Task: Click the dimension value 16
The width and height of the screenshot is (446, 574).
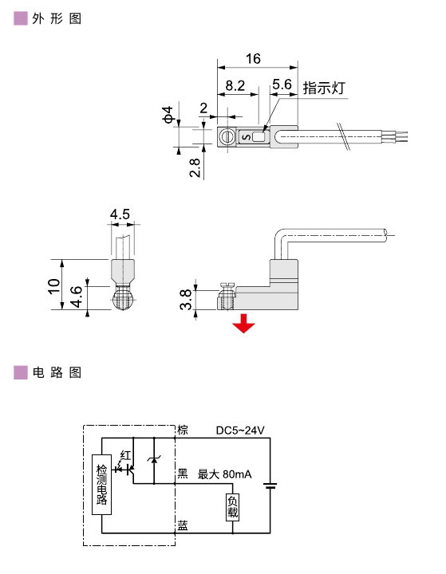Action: [253, 58]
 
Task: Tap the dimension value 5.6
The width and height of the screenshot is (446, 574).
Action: [282, 85]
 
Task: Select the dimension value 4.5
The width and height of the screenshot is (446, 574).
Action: [120, 214]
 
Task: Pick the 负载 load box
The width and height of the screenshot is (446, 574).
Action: [232, 506]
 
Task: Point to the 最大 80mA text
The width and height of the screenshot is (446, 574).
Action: [224, 474]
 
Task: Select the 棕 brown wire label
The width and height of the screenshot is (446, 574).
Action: [183, 431]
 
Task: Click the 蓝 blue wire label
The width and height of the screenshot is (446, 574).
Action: [183, 525]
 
